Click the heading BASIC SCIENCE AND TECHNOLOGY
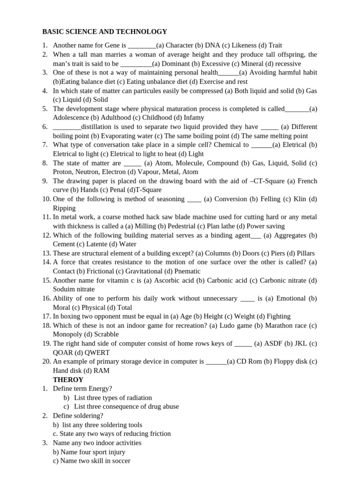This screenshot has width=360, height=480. click(x=105, y=31)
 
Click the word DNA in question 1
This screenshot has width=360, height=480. click(x=213, y=45)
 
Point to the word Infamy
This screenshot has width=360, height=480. click(x=194, y=118)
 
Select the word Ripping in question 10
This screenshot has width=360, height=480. click(x=64, y=208)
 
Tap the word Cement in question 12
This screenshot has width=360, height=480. click(x=64, y=244)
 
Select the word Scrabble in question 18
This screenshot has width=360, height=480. click(x=106, y=334)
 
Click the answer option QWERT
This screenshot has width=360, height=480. click(x=97, y=352)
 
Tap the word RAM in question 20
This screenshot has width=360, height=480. click(x=102, y=370)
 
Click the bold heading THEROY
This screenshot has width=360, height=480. click(x=68, y=380)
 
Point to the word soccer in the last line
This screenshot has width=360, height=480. click(x=120, y=461)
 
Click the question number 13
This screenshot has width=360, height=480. click(x=46, y=253)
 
